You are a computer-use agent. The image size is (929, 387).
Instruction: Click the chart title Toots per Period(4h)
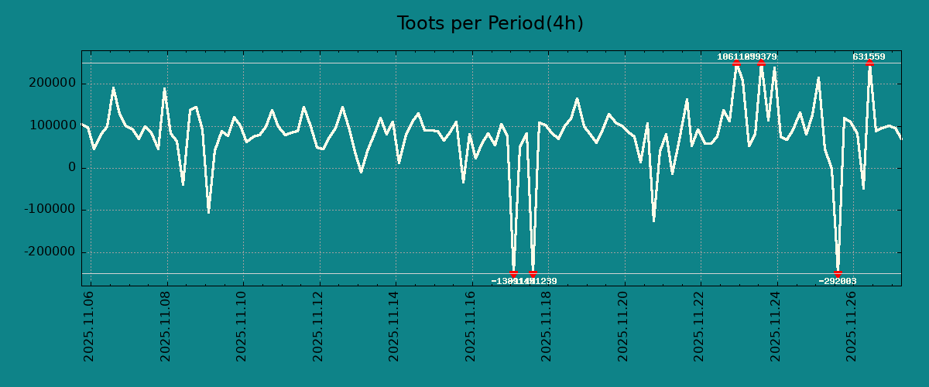(490, 24)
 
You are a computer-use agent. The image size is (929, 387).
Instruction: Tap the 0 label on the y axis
(72, 168)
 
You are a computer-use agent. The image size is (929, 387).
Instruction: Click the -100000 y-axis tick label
(46, 210)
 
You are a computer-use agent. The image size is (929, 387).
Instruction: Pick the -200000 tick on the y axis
(46, 252)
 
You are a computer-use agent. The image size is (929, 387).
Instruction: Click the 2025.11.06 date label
(90, 326)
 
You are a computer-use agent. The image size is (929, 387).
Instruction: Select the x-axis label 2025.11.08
(166, 326)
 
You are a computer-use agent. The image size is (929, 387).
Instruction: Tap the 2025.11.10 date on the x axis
(242, 326)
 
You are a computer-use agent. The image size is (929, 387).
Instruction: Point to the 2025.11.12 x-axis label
(319, 326)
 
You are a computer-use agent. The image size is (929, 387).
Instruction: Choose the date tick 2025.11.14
(395, 326)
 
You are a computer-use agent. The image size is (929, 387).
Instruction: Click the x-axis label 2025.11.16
(471, 326)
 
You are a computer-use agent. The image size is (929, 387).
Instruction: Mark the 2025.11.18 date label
(547, 326)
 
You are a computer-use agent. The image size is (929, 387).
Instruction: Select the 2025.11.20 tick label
(624, 326)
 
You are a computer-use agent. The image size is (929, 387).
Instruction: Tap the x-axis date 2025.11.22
(701, 326)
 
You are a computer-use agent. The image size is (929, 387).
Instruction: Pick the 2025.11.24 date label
(776, 326)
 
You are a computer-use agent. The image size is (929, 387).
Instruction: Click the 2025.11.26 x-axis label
(853, 326)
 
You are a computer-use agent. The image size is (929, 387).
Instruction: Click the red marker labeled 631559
(869, 63)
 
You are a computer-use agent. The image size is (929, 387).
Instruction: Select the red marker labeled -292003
(838, 273)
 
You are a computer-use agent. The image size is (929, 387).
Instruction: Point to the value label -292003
(838, 282)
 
